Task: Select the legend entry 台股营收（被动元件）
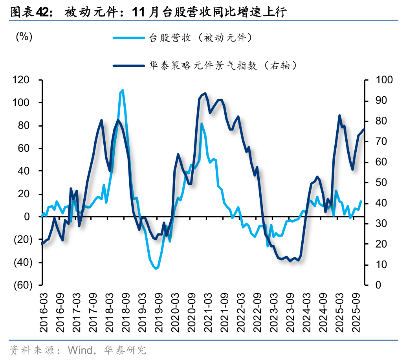click(x=200, y=38)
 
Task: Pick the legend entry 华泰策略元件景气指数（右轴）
click(x=222, y=66)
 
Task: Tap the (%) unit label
click(x=24, y=37)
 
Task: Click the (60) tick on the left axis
click(x=22, y=285)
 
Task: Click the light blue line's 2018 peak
click(x=123, y=90)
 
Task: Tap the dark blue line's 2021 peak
click(x=205, y=93)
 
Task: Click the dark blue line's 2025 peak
click(x=339, y=116)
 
